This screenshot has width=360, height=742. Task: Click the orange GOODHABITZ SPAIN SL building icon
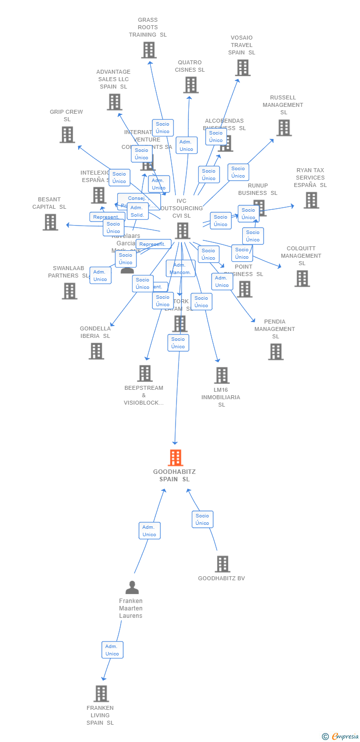click(x=175, y=458)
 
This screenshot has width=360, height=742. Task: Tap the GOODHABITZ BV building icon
click(x=223, y=564)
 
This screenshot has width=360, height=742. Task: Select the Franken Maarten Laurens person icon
click(x=132, y=587)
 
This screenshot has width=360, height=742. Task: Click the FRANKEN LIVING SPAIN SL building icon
click(x=101, y=694)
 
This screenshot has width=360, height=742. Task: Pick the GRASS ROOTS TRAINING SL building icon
click(x=148, y=50)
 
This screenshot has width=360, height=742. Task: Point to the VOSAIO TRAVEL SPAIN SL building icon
click(x=242, y=68)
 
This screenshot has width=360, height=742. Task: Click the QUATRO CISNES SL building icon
click(x=190, y=85)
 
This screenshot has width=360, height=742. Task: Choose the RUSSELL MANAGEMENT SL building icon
click(x=283, y=128)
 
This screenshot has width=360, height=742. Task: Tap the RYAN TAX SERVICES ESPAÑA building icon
click(x=311, y=200)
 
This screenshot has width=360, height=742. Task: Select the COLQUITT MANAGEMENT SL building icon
click(x=302, y=278)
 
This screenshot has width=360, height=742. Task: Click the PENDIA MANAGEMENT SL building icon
click(x=275, y=352)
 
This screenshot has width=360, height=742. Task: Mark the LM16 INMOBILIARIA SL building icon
click(x=222, y=375)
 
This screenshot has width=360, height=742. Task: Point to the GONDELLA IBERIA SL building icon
click(x=96, y=351)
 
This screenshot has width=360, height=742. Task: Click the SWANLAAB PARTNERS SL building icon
click(x=69, y=291)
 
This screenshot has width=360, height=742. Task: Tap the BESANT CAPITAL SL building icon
click(x=50, y=222)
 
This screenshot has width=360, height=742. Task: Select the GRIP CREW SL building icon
click(x=67, y=135)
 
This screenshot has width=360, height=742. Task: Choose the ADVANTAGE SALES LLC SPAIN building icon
click(x=114, y=102)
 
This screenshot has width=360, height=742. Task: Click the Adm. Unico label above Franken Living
click(x=112, y=649)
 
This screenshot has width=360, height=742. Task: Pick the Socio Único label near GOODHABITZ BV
click(x=202, y=519)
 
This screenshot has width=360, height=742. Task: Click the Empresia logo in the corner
click(x=341, y=737)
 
